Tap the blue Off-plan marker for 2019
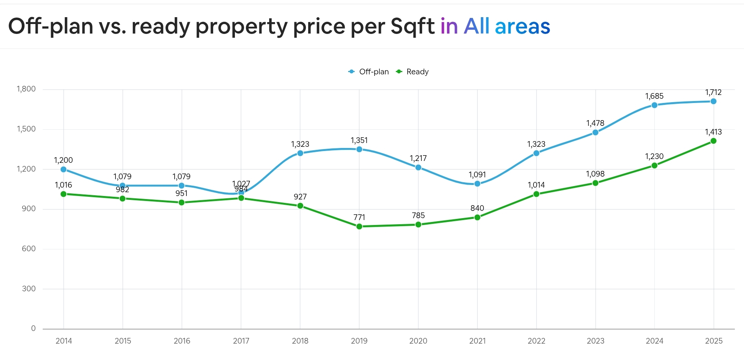point(359,149)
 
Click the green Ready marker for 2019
point(359,227)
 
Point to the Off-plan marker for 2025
point(713,101)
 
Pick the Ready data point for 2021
point(477,217)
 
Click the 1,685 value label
point(654,96)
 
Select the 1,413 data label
point(713,132)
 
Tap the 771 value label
point(359,217)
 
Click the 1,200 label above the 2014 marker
point(63,160)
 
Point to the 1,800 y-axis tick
point(26,89)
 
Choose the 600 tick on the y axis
point(29,249)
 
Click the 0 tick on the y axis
point(33,328)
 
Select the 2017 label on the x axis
point(241,341)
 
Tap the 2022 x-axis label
point(536,341)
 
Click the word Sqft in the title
point(412,27)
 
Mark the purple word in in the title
point(449,27)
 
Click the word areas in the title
point(522,27)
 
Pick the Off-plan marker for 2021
point(477,184)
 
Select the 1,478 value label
point(595,123)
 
